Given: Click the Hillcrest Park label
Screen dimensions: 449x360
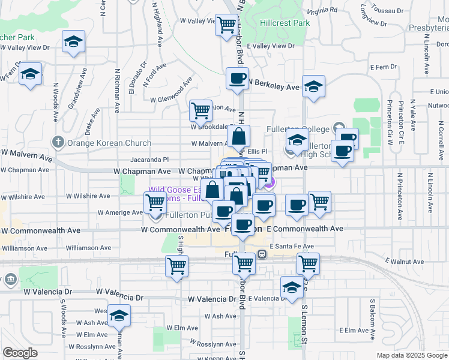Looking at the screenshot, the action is click(x=285, y=23).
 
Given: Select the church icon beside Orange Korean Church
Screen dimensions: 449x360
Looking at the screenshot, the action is click(x=58, y=142).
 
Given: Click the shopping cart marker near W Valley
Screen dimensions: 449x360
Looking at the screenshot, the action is click(x=226, y=25).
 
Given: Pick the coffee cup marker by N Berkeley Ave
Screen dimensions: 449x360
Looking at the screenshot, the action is click(x=238, y=78).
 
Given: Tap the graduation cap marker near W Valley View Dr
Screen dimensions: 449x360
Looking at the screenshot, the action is click(x=73, y=42).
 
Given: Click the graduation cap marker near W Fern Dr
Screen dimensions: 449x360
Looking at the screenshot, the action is click(x=30, y=74).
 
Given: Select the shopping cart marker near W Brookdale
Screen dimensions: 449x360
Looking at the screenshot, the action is click(x=200, y=110).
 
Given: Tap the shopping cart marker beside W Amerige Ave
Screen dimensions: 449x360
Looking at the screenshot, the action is click(x=155, y=203).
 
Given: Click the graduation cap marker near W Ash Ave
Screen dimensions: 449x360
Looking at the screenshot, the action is click(x=119, y=315).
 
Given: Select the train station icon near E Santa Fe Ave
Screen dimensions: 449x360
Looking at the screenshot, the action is click(x=262, y=254).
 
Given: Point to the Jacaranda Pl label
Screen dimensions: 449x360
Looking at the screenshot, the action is click(x=149, y=160).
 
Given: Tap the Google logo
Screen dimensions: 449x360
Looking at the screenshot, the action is click(x=20, y=353).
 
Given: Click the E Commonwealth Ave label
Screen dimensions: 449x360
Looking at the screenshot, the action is click(x=304, y=229).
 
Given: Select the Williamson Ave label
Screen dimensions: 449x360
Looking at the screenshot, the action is click(x=89, y=247).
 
